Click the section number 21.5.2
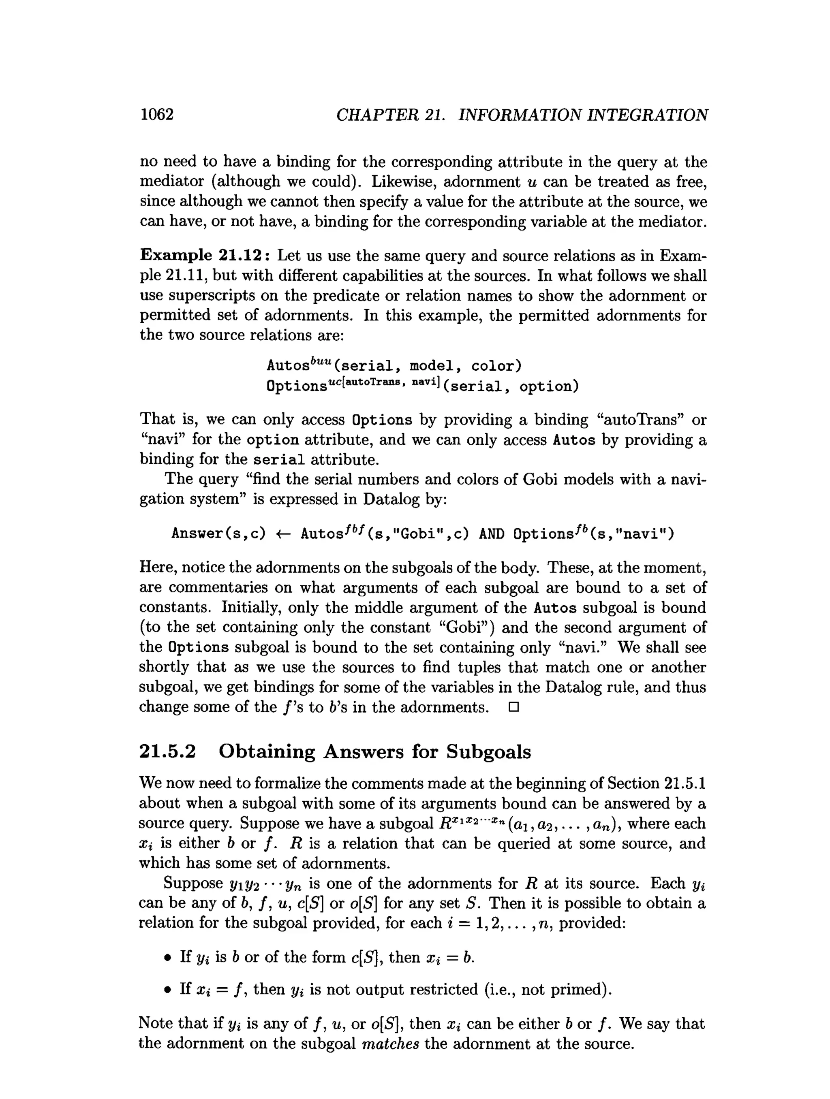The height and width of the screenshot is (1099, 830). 167,752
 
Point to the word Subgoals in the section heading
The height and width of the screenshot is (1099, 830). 488,752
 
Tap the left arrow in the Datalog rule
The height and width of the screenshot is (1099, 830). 283,534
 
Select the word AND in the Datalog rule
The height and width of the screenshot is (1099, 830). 492,534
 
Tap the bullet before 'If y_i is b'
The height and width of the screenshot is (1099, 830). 168,957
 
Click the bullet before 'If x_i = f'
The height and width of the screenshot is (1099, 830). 168,990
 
